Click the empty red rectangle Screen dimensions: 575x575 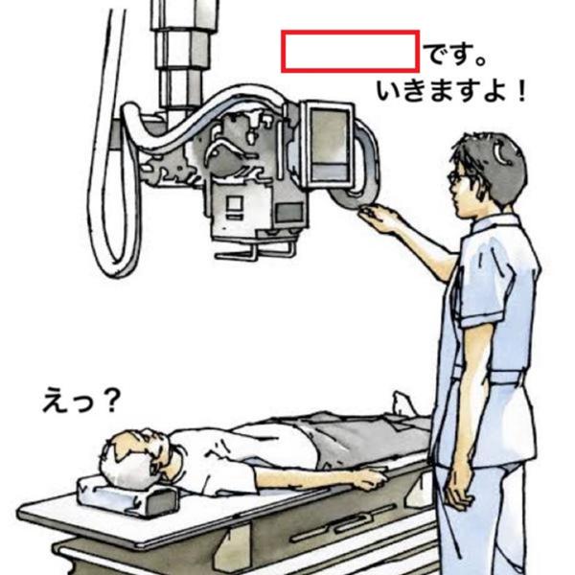[350, 52]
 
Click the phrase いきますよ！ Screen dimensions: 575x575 [451, 91]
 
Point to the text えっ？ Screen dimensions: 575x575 [81, 400]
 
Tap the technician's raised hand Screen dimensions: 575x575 [378, 218]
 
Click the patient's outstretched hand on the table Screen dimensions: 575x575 [369, 478]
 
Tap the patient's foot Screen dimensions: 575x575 [403, 403]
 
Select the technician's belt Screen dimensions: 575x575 [488, 375]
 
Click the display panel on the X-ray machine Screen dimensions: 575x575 [328, 144]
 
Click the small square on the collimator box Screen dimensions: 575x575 [235, 203]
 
